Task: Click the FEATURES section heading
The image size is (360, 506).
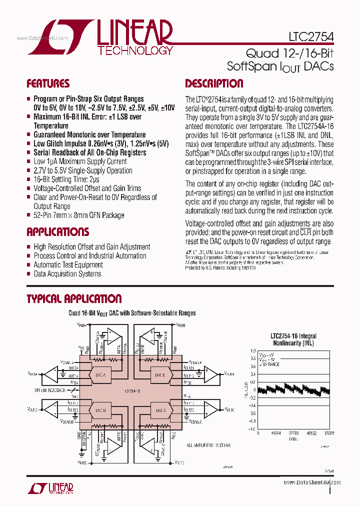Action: [48, 83]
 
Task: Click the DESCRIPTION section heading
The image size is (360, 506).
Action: [214, 83]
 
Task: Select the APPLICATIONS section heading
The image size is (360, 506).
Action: [57, 232]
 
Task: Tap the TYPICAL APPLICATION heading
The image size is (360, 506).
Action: [74, 299]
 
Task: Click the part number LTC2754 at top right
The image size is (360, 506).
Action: [311, 36]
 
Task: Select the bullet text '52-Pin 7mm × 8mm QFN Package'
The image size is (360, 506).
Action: [78, 215]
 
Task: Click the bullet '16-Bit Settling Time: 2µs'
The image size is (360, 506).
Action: [66, 179]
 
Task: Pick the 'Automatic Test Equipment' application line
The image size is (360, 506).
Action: [68, 265]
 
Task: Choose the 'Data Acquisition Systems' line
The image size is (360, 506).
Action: [67, 274]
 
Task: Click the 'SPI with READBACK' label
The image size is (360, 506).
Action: [50, 390]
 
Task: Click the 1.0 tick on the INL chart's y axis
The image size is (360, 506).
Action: [253, 351]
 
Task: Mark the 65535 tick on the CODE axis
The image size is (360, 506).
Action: [328, 433]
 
